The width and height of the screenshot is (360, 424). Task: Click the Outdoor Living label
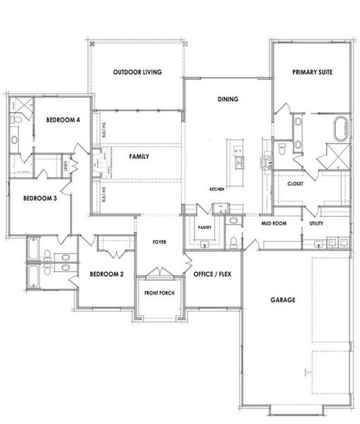138,72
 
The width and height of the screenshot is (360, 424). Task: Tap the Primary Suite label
313,72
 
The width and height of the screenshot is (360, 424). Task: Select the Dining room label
227,100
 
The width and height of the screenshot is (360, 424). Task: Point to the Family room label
139,156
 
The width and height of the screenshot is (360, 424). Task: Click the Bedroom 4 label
63,120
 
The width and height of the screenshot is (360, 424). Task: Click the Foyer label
160,242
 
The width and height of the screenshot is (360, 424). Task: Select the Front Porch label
159,293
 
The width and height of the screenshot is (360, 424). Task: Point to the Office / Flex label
212,273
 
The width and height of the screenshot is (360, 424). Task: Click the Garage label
283,300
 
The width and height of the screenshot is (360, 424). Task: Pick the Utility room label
315,223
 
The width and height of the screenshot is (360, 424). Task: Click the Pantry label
205,228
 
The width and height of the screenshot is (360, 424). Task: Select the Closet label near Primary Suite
295,184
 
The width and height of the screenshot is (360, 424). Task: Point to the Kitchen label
216,190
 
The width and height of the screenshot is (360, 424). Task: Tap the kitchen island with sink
236,157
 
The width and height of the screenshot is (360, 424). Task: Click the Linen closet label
64,167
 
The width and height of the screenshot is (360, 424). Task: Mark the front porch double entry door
159,272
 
